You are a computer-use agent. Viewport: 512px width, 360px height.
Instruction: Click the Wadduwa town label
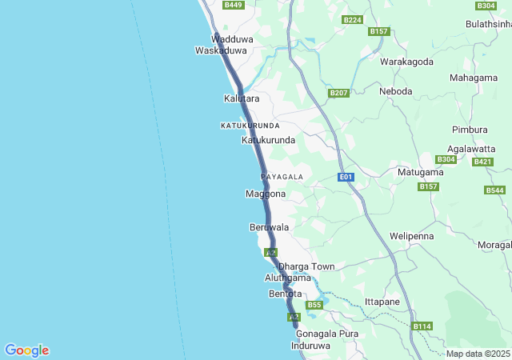[x=226, y=38]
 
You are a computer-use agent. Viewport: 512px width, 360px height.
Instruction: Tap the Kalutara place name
[x=242, y=98]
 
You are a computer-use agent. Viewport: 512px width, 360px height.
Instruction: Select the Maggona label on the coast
[x=266, y=194]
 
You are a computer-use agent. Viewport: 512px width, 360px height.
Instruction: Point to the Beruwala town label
[x=269, y=227]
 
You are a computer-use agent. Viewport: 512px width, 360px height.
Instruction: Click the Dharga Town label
[x=306, y=266]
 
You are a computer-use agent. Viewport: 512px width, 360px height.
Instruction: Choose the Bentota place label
[x=285, y=294]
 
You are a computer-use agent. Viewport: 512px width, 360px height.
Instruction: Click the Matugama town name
[x=420, y=172]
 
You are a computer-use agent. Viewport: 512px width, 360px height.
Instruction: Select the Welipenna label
[x=411, y=237]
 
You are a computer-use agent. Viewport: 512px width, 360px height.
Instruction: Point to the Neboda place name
[x=396, y=91]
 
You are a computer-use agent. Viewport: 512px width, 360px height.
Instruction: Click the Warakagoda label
[x=406, y=62]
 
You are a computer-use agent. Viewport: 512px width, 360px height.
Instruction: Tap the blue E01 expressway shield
[x=346, y=176]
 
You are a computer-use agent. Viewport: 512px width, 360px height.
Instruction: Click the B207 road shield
[x=339, y=94]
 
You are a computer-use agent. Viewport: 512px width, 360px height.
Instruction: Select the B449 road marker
[x=233, y=5]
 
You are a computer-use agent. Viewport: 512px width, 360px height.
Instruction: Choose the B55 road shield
[x=314, y=305]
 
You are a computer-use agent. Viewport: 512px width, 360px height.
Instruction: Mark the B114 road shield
[x=422, y=326]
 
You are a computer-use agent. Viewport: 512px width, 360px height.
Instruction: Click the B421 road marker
[x=482, y=162]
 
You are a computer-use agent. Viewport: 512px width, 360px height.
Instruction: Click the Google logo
[x=26, y=350]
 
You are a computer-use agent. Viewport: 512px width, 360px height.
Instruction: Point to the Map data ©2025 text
[x=478, y=354]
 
